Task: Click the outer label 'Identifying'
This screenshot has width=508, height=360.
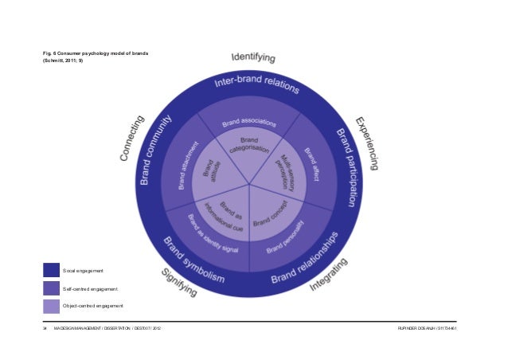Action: click(253, 57)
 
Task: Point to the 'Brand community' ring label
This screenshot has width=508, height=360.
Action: click(155, 151)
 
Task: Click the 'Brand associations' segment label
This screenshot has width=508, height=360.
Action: click(249, 123)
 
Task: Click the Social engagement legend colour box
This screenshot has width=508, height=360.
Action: click(52, 269)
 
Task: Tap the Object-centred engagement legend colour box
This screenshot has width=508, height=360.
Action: click(52, 306)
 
